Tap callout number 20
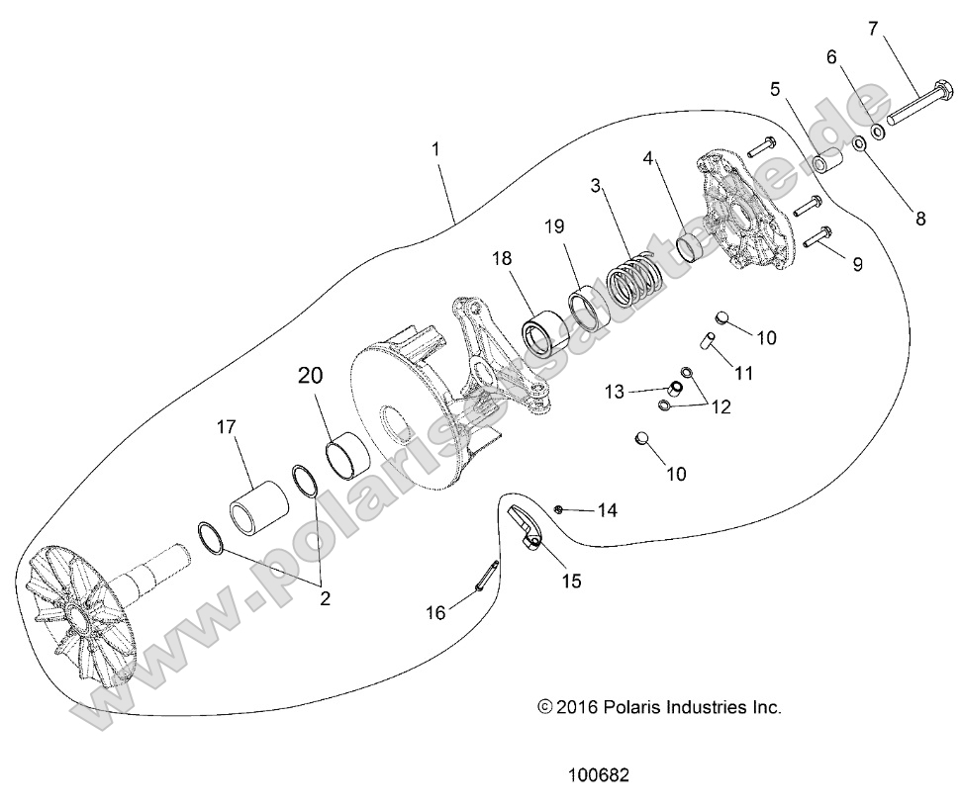click(x=310, y=376)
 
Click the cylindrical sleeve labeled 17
click(x=258, y=505)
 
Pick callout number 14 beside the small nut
click(x=607, y=510)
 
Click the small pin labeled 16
click(x=488, y=578)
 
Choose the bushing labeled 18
click(x=544, y=332)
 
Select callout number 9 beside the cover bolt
click(x=857, y=264)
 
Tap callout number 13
click(x=641, y=393)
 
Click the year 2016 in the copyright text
click(x=580, y=707)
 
